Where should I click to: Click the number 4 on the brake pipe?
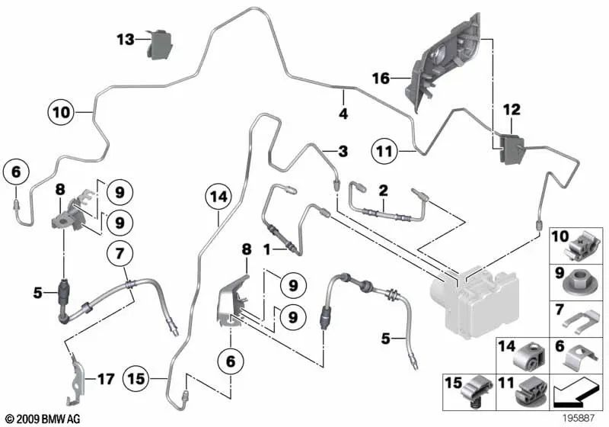[x=343, y=114]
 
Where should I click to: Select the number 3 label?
[x=343, y=151]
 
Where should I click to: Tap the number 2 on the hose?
[x=384, y=188]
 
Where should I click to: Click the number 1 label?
[x=266, y=249]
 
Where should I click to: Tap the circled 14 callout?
[x=218, y=197]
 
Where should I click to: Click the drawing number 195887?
[x=582, y=418]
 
